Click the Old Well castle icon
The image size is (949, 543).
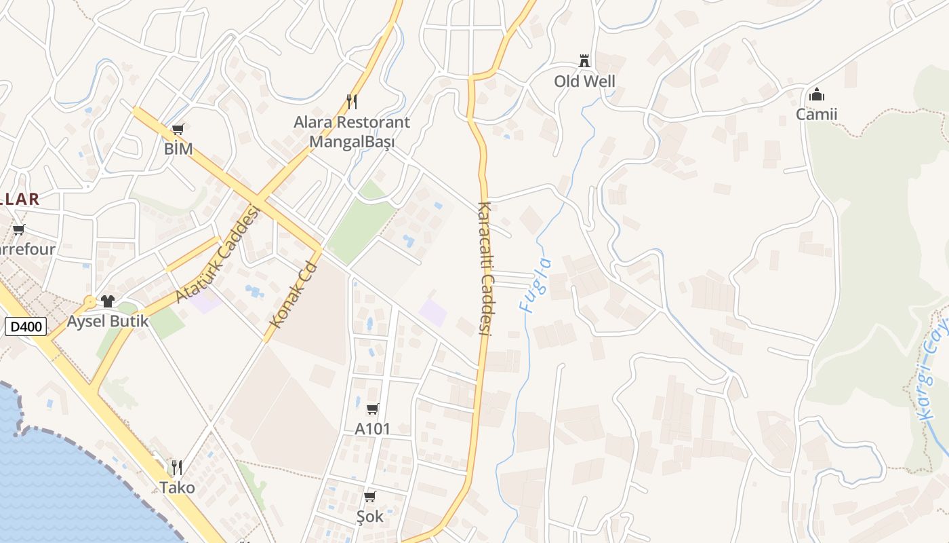[x=584, y=61]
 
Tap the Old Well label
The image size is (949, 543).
[x=584, y=81]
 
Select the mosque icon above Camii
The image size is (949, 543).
[x=817, y=94]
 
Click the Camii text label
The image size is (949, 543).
[x=816, y=114]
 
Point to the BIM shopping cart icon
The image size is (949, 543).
[x=178, y=129]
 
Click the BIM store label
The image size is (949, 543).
[x=178, y=149]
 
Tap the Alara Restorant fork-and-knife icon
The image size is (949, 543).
[x=351, y=102]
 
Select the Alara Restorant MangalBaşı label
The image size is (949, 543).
[x=351, y=132]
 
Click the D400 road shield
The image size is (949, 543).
[x=27, y=326]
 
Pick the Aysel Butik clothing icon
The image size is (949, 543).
[x=108, y=301]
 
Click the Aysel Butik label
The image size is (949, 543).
[x=108, y=321]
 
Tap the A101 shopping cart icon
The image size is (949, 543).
[x=372, y=409]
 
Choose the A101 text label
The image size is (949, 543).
[x=373, y=429]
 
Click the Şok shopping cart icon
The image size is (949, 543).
[x=369, y=497]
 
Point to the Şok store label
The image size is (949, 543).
[x=369, y=517]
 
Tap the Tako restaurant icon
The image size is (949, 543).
[x=176, y=467]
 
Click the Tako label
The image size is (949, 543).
[x=177, y=487]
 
